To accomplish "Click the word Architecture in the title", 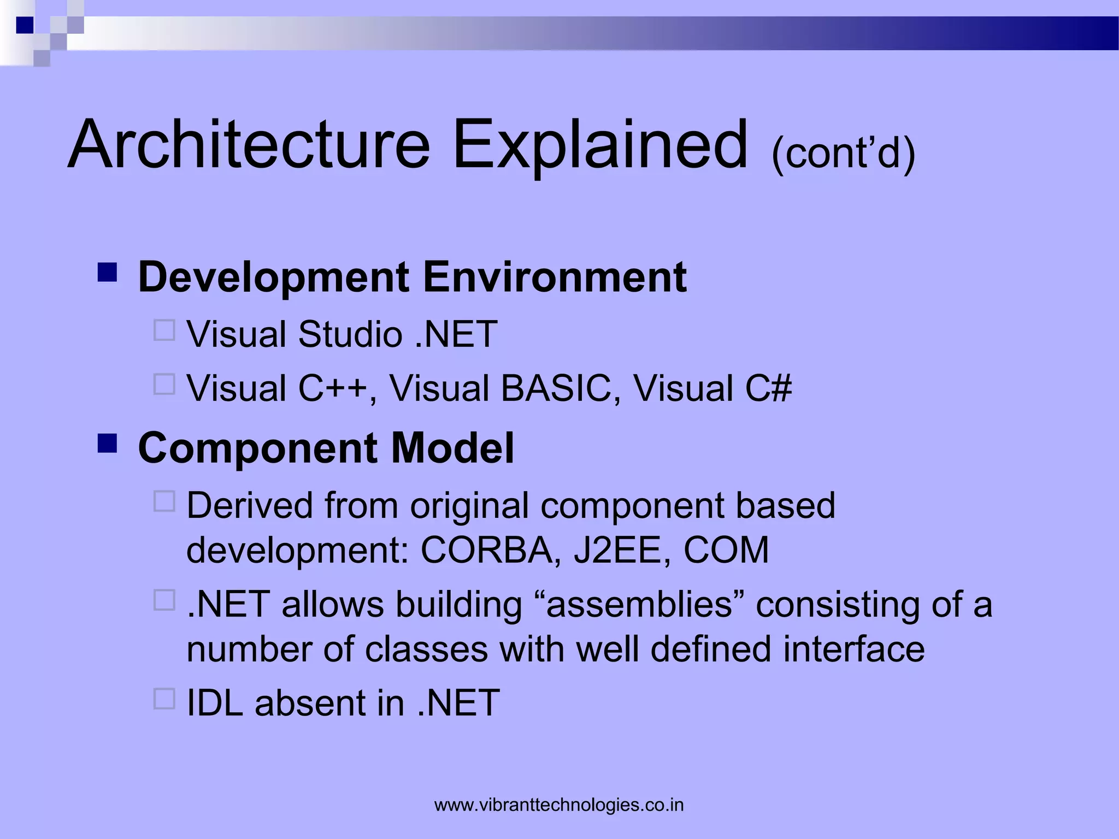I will pyautogui.click(x=249, y=145).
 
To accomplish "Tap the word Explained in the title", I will pyautogui.click(x=600, y=145).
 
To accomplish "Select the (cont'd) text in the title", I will pyautogui.click(x=843, y=153).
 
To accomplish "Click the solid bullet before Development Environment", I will pyautogui.click(x=108, y=272).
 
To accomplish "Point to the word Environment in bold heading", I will pyautogui.click(x=555, y=277).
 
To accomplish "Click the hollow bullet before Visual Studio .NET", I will pyautogui.click(x=164, y=330).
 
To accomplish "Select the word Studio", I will pyautogui.click(x=350, y=334).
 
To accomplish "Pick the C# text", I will pyautogui.click(x=768, y=388).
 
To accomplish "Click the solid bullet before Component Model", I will pyautogui.click(x=108, y=444).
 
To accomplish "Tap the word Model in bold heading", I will pyautogui.click(x=452, y=448).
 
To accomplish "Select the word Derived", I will pyautogui.click(x=250, y=505).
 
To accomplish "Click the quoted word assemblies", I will pyautogui.click(x=639, y=605).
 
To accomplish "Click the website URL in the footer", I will pyautogui.click(x=559, y=805).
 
